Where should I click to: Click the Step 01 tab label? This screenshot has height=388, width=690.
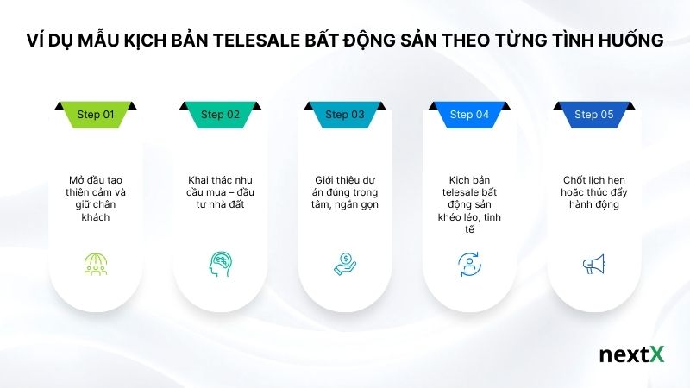click(x=96, y=114)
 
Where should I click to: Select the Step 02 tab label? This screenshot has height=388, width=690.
click(x=220, y=114)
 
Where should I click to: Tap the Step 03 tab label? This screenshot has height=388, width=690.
click(x=345, y=114)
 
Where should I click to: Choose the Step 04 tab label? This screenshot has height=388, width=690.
click(x=469, y=114)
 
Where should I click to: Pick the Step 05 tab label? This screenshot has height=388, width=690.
click(x=593, y=114)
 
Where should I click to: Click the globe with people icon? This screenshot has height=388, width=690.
click(x=96, y=264)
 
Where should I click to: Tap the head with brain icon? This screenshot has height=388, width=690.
click(x=220, y=264)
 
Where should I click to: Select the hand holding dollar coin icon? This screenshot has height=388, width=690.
click(x=345, y=264)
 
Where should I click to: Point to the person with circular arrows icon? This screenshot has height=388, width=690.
click(x=469, y=264)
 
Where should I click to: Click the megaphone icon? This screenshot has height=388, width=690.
click(x=593, y=264)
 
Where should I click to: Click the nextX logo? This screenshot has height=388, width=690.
click(x=632, y=355)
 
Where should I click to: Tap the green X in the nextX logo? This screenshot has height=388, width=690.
click(x=657, y=355)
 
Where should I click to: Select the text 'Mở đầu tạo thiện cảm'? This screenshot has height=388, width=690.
click(x=96, y=186)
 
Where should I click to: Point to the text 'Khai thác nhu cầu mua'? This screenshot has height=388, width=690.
click(x=220, y=186)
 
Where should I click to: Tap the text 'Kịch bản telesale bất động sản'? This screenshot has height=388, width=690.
click(x=469, y=192)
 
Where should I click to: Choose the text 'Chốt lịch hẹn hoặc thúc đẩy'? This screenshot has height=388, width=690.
click(x=593, y=186)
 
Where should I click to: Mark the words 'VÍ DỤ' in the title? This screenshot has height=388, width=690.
click(x=52, y=40)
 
